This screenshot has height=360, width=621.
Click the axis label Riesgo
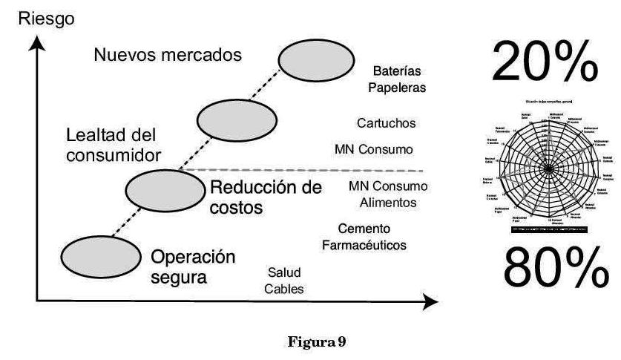tap(45, 18)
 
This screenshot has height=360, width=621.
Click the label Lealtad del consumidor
tap(113, 145)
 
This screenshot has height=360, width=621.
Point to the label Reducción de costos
tap(266, 197)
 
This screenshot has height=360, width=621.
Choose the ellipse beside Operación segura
tap(100, 256)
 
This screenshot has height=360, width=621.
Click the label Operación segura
tap(193, 267)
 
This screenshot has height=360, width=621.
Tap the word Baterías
tap(397, 71)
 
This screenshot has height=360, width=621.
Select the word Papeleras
tap(400, 88)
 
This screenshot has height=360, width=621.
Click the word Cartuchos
tap(386, 122)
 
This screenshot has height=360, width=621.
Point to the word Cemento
tap(364, 228)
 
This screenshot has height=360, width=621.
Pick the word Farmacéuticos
tap(364, 244)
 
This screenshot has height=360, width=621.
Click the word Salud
tap(284, 274)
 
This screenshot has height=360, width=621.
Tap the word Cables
tap(284, 289)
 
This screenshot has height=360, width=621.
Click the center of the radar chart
tap(550, 169)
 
